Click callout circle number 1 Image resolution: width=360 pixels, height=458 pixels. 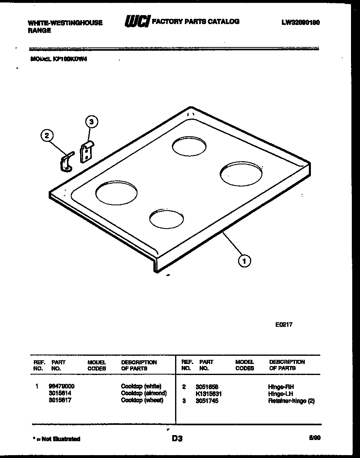(x=244, y=260)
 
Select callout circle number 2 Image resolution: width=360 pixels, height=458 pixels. (x=47, y=136)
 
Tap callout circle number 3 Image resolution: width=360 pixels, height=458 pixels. (x=91, y=121)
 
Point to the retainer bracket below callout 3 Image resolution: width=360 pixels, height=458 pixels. (x=87, y=152)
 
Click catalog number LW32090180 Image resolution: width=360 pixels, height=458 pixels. (x=300, y=22)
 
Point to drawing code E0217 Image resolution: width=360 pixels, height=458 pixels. (x=283, y=325)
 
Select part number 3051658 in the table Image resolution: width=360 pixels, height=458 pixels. (x=207, y=386)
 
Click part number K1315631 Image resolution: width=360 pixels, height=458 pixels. (x=209, y=394)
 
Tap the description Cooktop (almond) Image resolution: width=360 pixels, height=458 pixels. (x=144, y=393)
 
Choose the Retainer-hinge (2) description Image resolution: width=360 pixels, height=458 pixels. (x=291, y=401)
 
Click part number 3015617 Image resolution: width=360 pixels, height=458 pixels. (x=60, y=400)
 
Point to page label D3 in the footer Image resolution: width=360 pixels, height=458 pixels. (x=177, y=438)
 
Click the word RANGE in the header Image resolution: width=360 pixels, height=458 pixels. (x=39, y=30)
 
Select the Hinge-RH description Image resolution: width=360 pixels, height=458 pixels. (x=281, y=386)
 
